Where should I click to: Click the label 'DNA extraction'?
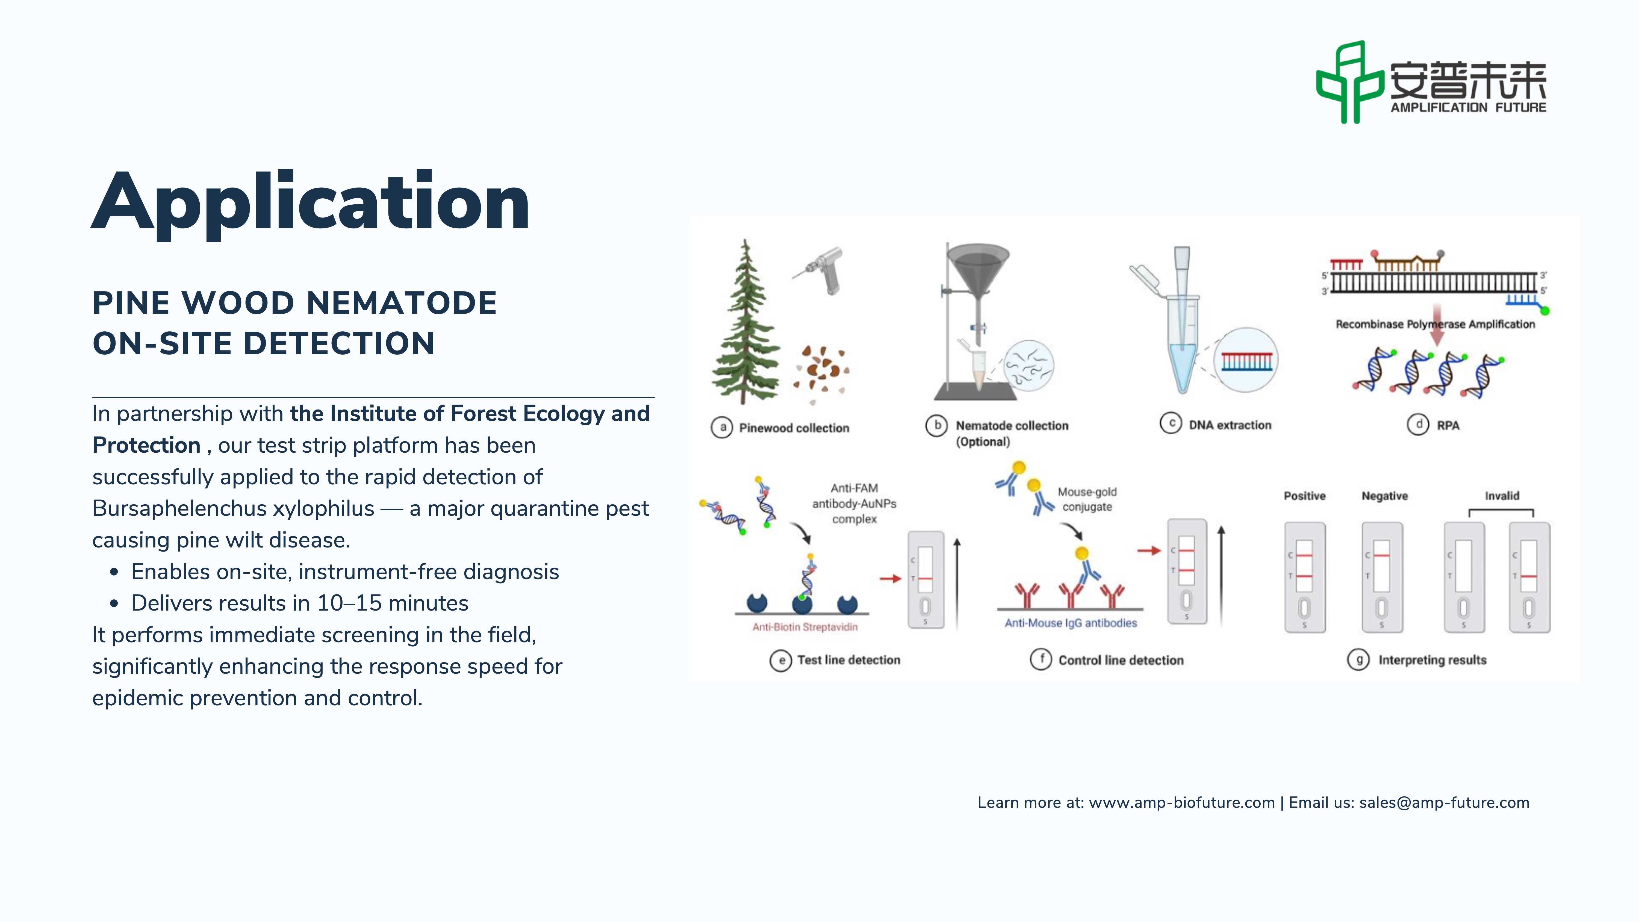(1230, 425)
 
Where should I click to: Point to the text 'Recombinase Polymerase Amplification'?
(1435, 324)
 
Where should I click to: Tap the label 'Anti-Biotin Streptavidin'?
(805, 627)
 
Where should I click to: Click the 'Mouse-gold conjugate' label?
(1087, 499)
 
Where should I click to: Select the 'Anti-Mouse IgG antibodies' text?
(1071, 623)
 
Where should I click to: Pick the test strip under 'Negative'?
(1382, 577)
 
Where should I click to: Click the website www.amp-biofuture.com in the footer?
(1181, 803)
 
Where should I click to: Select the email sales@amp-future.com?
(1444, 803)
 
